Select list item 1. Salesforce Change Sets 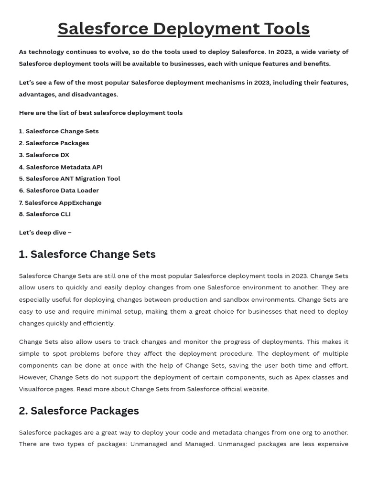pyautogui.click(x=59, y=131)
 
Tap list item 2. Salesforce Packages pyautogui.click(x=54, y=143)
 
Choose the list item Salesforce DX pyautogui.click(x=44, y=155)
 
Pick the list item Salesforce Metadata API pyautogui.click(x=61, y=167)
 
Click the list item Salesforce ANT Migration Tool pyautogui.click(x=69, y=179)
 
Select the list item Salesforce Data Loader pyautogui.click(x=59, y=191)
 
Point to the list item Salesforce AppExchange pyautogui.click(x=60, y=202)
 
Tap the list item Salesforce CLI pyautogui.click(x=45, y=214)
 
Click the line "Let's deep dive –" pyautogui.click(x=45, y=233)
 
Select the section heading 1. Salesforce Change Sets pyautogui.click(x=87, y=255)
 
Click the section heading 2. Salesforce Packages pyautogui.click(x=79, y=411)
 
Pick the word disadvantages pyautogui.click(x=94, y=95)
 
